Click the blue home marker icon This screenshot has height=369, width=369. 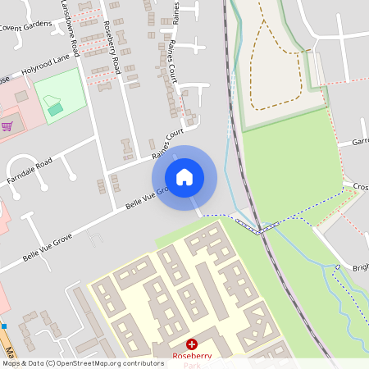[184, 177]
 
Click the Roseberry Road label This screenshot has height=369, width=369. [113, 50]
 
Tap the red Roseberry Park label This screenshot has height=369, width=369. [192, 358]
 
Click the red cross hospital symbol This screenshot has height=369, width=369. [193, 345]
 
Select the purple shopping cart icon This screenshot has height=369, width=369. [7, 126]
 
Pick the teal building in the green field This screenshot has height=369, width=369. [54, 108]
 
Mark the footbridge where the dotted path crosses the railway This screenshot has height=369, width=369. [260, 228]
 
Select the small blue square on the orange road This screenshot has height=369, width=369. [3, 325]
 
